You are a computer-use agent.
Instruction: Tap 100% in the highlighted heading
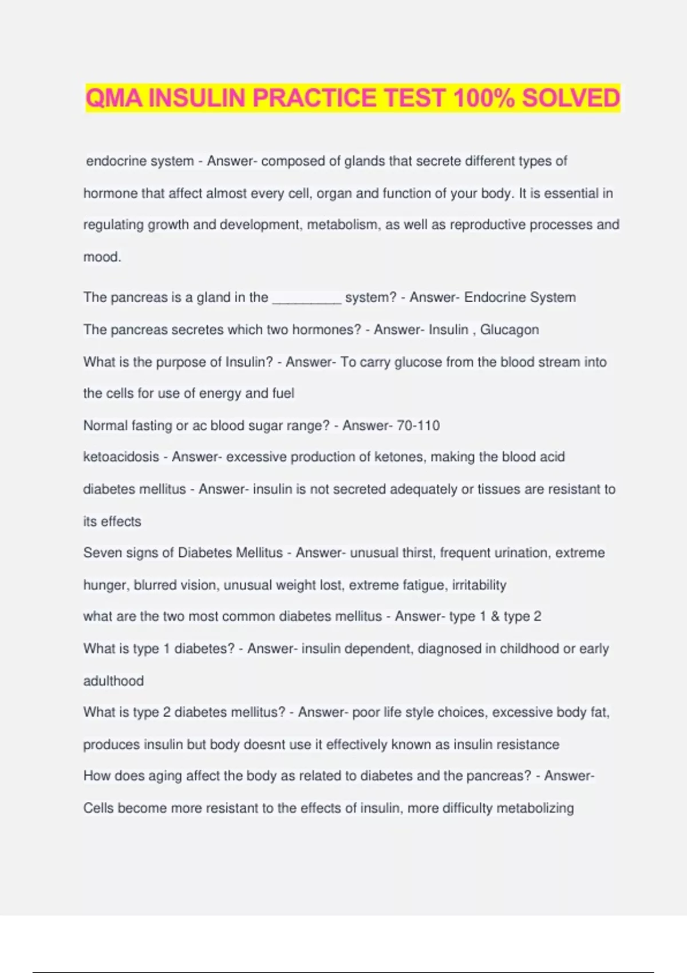pos(484,98)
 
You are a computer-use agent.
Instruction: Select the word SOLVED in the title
pos(571,98)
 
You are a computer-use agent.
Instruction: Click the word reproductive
pos(487,225)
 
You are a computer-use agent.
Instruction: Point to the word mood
pos(101,257)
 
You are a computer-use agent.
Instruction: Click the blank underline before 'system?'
pos(307,299)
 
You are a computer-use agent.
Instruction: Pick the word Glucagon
pos(510,330)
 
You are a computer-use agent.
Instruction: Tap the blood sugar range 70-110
pos(418,425)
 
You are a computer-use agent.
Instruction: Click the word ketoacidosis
pos(121,457)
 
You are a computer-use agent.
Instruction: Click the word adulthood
pos(113,681)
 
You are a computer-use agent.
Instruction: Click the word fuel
pos(283,393)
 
